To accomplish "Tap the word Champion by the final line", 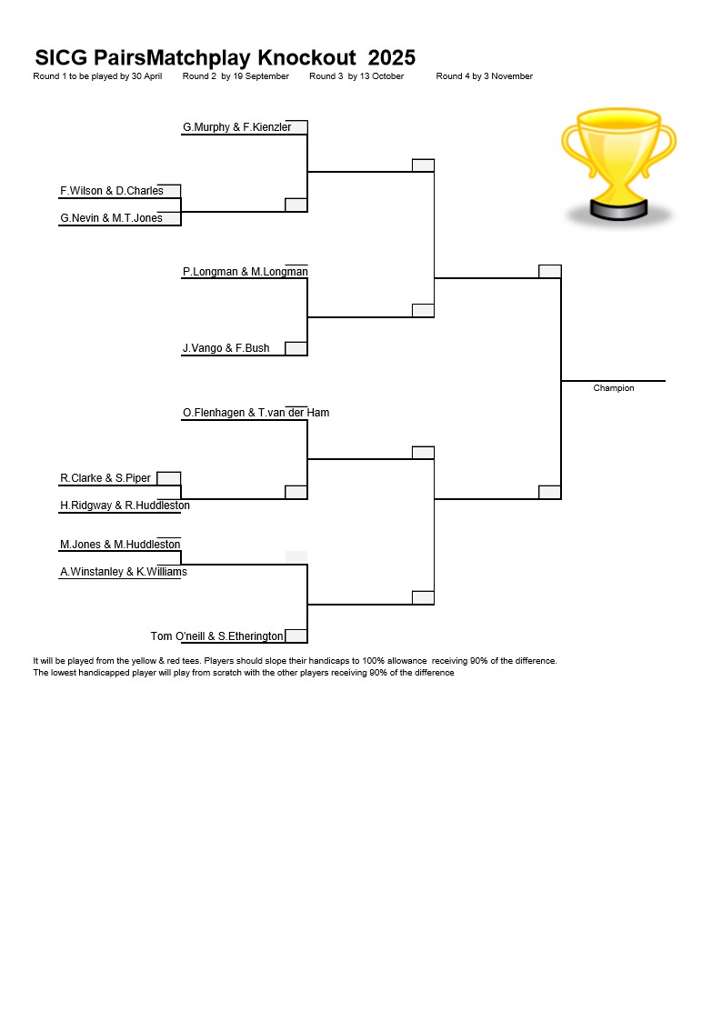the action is click(x=613, y=388).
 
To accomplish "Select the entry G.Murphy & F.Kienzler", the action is click(x=237, y=127).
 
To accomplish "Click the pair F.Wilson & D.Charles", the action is click(x=112, y=191).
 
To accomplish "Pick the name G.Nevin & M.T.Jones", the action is click(x=111, y=218).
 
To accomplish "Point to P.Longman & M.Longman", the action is click(x=246, y=272).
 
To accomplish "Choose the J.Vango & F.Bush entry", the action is click(x=226, y=348).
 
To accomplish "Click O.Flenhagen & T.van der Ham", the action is click(x=256, y=413).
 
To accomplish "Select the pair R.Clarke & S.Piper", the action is click(x=105, y=478).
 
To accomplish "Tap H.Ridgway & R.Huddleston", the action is click(x=125, y=505).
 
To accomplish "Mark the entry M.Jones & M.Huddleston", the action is click(x=120, y=545).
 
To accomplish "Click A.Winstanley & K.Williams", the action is click(x=124, y=572).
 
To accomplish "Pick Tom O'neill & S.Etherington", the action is click(x=216, y=636).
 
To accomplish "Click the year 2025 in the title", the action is click(x=391, y=58).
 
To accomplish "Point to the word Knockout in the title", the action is click(x=306, y=58).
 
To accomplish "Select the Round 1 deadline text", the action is click(x=97, y=76).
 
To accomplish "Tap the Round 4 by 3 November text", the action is click(x=485, y=76).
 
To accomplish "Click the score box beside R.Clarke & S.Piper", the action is click(x=168, y=478).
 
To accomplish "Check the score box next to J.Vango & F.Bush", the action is click(x=296, y=348).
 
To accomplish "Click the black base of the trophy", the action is click(x=618, y=209).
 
